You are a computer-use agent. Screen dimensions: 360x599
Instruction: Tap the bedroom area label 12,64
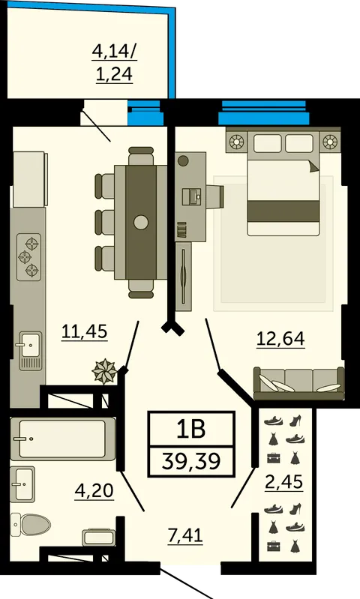tap(280, 338)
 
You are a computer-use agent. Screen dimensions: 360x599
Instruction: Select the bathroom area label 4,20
tap(94, 490)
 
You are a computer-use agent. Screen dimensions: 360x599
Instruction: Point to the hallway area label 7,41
tap(185, 535)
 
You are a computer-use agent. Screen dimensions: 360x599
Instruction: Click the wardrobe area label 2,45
tap(284, 482)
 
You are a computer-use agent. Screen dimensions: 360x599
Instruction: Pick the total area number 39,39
tap(191, 461)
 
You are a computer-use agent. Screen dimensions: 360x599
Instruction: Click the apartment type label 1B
tap(191, 429)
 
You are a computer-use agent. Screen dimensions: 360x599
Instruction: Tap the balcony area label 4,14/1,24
tap(114, 63)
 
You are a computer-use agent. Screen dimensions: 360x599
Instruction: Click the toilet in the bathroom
tap(30, 525)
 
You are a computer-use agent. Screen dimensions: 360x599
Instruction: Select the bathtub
tap(63, 439)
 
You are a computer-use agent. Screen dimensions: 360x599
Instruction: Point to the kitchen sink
tap(30, 350)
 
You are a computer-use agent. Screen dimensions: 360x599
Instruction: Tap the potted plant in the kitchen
tap(104, 370)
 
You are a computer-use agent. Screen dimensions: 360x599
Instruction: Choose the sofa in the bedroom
tap(298, 383)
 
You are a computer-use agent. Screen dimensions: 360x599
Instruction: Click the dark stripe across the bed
tap(283, 211)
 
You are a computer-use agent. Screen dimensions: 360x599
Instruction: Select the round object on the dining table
tap(141, 222)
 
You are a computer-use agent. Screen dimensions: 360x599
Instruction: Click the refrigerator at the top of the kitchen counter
tap(30, 179)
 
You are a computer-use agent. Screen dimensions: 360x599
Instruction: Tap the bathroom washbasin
tap(22, 484)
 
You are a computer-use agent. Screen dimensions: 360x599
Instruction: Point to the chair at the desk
tap(215, 197)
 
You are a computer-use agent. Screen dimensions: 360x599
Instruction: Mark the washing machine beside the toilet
tap(98, 537)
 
